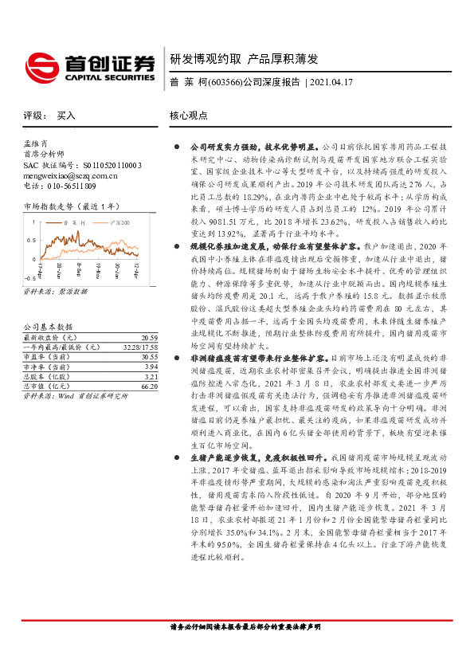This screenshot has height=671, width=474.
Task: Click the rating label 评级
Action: point(33,116)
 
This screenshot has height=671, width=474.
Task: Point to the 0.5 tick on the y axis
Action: point(31,239)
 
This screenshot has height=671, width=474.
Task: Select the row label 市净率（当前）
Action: point(49,343)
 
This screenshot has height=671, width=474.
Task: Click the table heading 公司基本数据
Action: point(48,305)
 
